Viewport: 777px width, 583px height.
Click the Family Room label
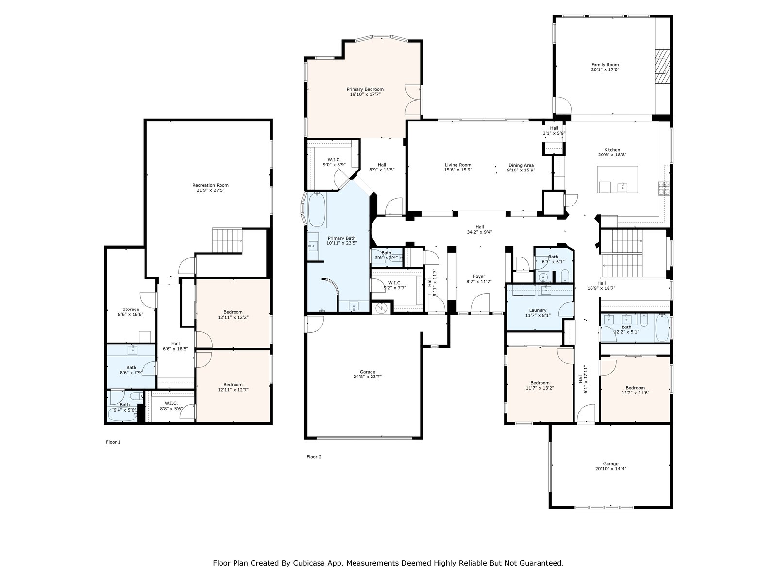click(x=605, y=65)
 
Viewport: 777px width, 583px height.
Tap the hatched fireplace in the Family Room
click(x=662, y=66)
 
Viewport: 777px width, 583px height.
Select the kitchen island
click(x=617, y=179)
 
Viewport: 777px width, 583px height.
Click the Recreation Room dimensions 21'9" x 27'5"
click(x=210, y=190)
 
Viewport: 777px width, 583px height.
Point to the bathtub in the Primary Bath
click(x=317, y=209)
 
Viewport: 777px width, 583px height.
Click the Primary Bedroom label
click(x=365, y=89)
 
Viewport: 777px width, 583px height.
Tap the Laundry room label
click(x=538, y=310)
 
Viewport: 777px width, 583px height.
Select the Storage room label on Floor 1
click(x=131, y=309)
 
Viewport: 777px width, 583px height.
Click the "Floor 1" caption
click(x=113, y=442)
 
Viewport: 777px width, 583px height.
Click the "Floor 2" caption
click(x=314, y=457)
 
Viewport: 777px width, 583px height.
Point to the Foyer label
click(x=479, y=276)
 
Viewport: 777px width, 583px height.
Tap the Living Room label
click(x=458, y=165)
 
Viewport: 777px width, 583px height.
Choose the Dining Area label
click(x=521, y=165)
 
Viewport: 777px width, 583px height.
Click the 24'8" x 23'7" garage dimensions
click(x=368, y=377)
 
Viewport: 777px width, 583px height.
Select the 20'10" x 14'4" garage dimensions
click(x=610, y=469)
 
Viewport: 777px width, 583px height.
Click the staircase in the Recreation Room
click(x=227, y=240)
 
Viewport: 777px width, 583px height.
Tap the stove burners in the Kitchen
click(x=664, y=188)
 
